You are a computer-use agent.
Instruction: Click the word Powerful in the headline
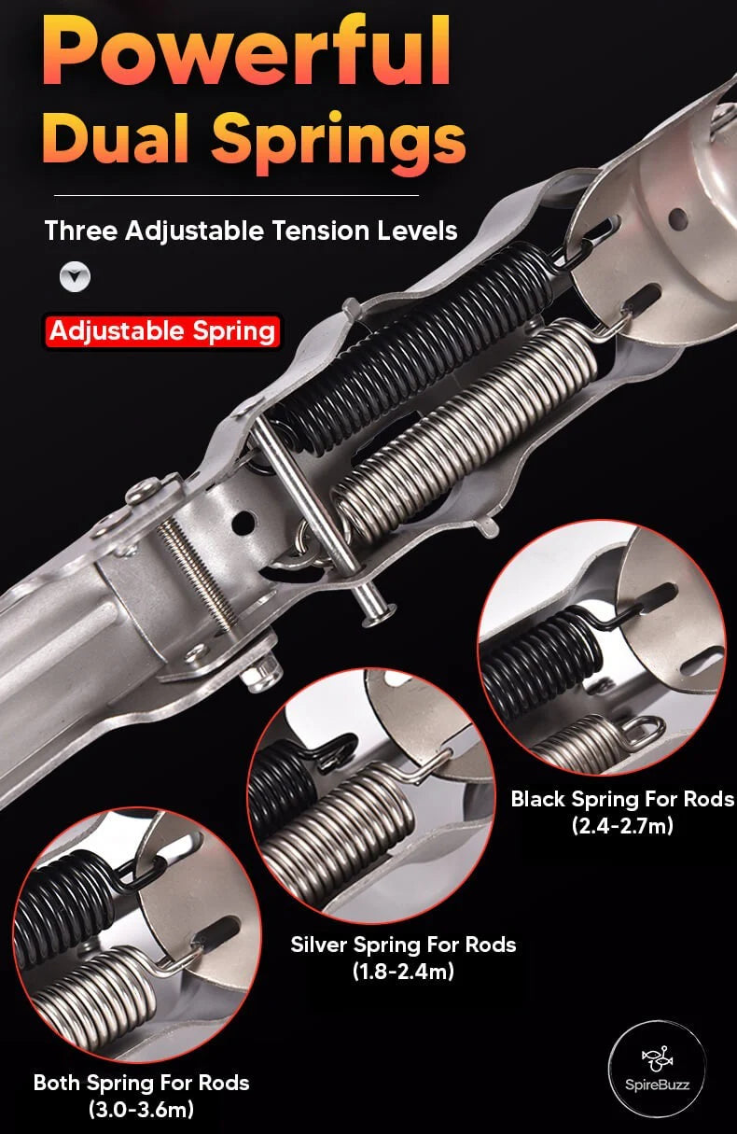tap(246, 49)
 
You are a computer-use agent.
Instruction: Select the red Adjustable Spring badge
tap(162, 331)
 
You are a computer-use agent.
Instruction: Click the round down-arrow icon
tap(75, 277)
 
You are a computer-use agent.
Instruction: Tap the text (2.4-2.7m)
tap(622, 826)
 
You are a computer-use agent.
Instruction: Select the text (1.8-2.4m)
tap(403, 972)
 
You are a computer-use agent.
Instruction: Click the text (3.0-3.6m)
tap(141, 1110)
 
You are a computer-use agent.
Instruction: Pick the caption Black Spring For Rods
tap(622, 799)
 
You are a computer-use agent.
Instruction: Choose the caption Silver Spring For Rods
tap(403, 945)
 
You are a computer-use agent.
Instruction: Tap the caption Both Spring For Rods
tap(141, 1083)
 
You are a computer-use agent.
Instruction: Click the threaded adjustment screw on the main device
tap(197, 572)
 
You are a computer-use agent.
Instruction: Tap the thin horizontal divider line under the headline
tap(236, 195)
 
